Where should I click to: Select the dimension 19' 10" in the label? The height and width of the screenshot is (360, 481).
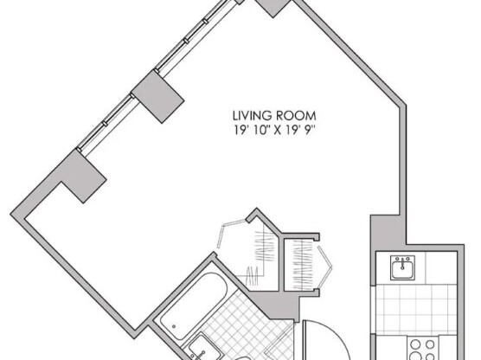[250, 130]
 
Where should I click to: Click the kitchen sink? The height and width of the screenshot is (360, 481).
[401, 267]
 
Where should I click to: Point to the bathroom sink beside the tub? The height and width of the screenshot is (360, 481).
[197, 345]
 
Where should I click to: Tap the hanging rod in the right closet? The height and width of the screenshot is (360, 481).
[302, 257]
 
